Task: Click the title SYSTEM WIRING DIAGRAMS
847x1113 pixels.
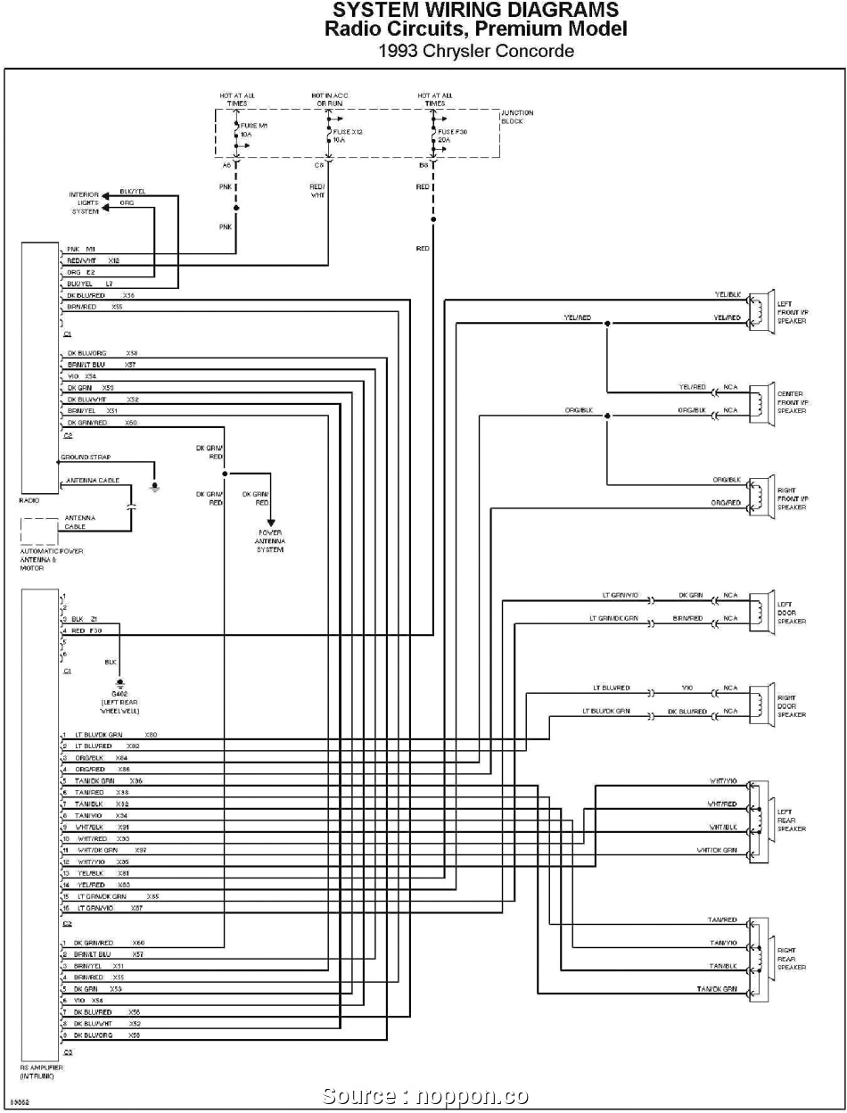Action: coord(475,11)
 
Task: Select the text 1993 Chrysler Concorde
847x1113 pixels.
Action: coord(475,51)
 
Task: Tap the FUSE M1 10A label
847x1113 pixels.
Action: coord(253,131)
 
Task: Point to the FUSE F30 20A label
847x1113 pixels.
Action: coord(452,136)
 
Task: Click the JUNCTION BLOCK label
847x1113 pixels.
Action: coord(517,117)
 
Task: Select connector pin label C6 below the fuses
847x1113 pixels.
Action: coord(318,165)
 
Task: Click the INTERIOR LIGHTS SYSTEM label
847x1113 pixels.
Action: coord(85,202)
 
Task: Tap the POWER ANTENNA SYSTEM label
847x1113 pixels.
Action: coord(270,540)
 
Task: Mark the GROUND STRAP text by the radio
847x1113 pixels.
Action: coord(86,458)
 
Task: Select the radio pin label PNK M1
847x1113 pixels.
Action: coord(81,249)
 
